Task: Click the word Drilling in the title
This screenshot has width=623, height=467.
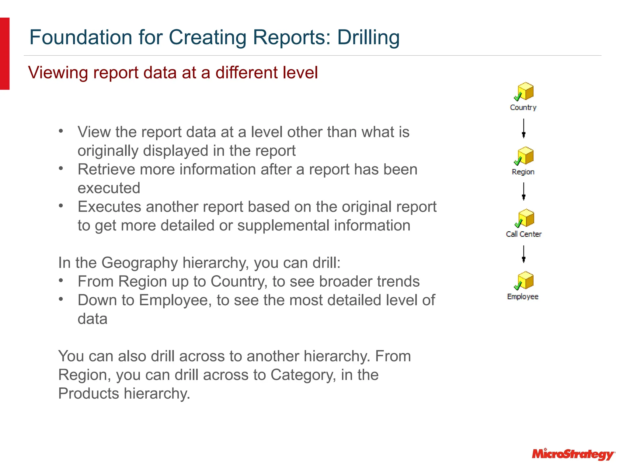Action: (x=368, y=37)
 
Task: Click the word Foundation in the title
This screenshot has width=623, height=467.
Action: (x=81, y=37)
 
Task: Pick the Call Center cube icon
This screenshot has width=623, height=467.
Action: (x=524, y=218)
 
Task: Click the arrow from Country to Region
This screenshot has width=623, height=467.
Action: (x=524, y=128)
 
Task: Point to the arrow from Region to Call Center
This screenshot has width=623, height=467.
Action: (x=524, y=191)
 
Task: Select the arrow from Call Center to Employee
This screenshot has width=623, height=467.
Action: (x=524, y=254)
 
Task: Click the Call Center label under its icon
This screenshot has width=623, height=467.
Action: (x=524, y=234)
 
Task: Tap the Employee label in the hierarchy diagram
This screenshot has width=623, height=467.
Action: (x=523, y=296)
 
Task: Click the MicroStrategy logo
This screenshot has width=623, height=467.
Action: (x=573, y=454)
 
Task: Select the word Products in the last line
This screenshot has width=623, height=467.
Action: (x=89, y=393)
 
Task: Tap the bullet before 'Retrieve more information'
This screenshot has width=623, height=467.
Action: (x=61, y=168)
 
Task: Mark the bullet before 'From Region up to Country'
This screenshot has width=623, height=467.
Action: (x=61, y=280)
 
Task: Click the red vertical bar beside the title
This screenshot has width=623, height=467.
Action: (x=5, y=54)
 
